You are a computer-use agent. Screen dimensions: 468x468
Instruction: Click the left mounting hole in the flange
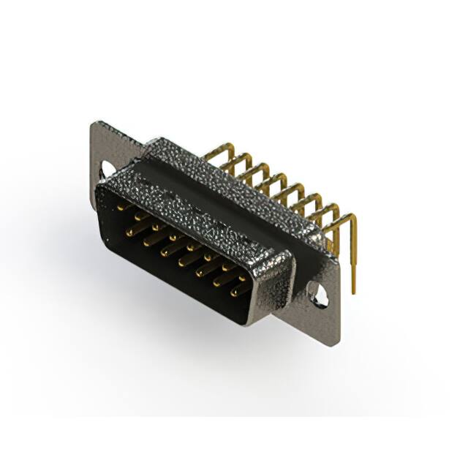pyautogui.click(x=107, y=170)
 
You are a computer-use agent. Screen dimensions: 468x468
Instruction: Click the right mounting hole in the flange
pyautogui.click(x=319, y=294)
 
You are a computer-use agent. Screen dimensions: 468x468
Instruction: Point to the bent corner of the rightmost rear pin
pyautogui.click(x=352, y=218)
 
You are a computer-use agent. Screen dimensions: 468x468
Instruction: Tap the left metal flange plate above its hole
pyautogui.click(x=102, y=143)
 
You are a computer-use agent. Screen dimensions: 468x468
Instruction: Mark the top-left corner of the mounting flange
pyautogui.click(x=93, y=124)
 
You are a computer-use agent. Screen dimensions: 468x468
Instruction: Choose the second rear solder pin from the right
pyautogui.click(x=336, y=212)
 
